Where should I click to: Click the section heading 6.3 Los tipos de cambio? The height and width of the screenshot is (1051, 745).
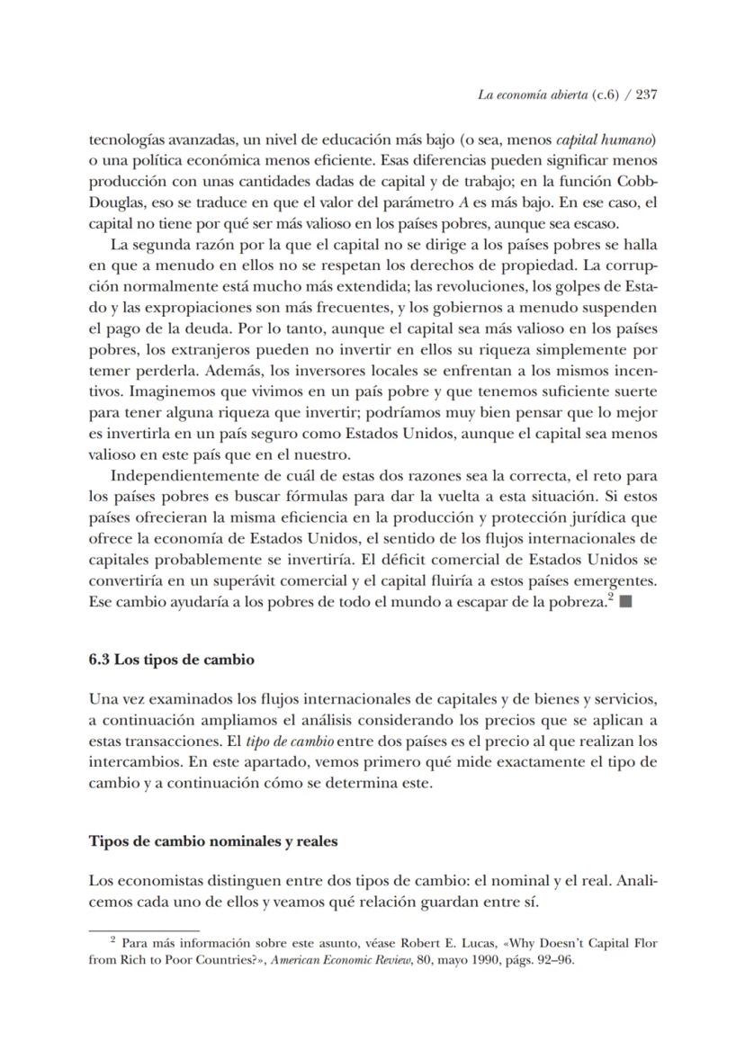(171, 660)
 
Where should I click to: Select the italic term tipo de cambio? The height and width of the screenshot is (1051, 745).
(298, 741)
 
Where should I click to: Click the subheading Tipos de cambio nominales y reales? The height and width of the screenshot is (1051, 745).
(212, 842)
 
